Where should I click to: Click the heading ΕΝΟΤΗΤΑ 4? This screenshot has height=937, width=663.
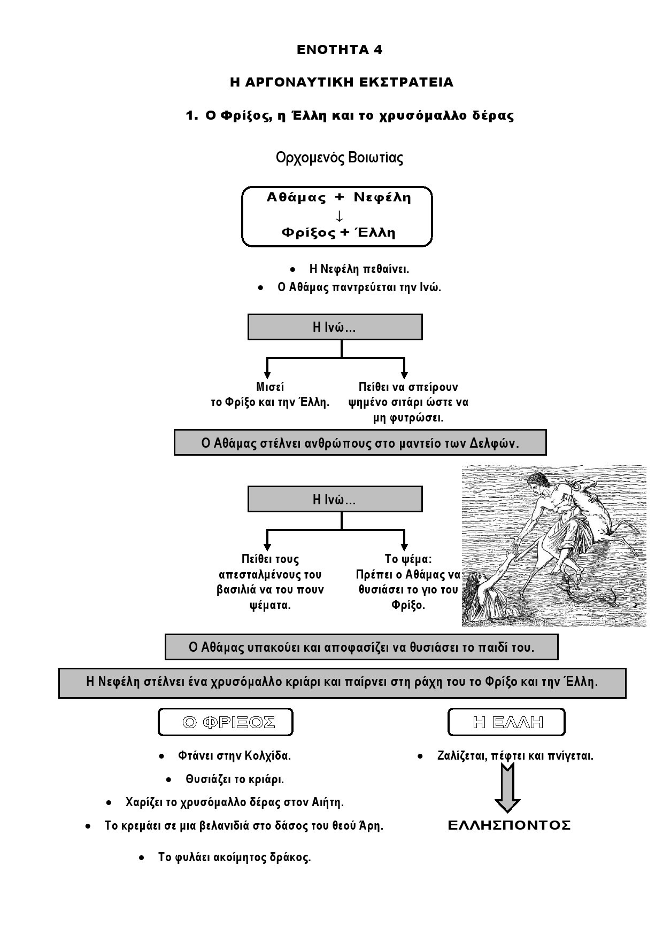[x=340, y=50]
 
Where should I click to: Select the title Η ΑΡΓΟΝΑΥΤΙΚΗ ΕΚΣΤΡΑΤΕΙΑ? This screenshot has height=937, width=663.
[x=342, y=82]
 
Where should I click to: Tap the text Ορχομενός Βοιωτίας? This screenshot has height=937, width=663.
[x=340, y=158]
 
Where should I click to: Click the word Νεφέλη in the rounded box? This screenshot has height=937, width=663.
[x=382, y=198]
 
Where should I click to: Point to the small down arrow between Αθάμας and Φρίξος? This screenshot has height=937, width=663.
[x=338, y=216]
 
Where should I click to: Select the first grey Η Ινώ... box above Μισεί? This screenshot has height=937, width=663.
[x=335, y=327]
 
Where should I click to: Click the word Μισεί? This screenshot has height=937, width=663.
[x=270, y=387]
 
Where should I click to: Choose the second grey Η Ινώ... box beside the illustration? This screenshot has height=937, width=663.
[x=335, y=499]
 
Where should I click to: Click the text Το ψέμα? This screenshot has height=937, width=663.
[x=408, y=559]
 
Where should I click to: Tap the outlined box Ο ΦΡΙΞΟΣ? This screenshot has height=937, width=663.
[x=226, y=722]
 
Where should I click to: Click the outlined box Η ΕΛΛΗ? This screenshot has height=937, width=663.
[x=506, y=722]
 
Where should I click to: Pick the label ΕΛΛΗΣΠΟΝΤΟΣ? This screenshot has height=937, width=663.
[x=509, y=826]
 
